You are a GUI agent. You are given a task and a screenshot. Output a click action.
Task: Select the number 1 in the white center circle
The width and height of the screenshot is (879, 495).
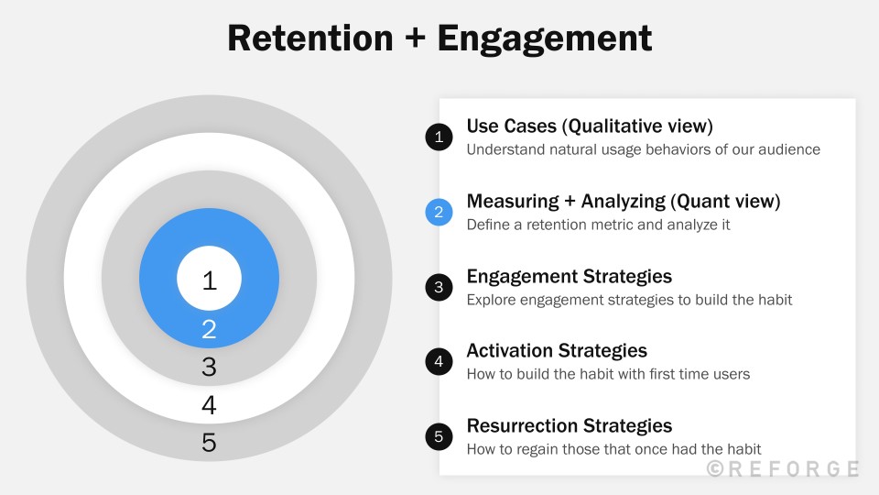209,280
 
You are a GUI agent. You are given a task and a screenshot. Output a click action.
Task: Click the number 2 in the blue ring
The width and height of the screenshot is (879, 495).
209,329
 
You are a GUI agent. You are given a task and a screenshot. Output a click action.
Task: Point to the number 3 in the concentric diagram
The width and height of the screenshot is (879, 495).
209,368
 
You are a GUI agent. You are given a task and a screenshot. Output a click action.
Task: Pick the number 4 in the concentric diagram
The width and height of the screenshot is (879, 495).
209,405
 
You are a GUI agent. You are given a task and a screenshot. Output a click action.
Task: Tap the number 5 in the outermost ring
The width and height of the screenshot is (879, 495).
209,443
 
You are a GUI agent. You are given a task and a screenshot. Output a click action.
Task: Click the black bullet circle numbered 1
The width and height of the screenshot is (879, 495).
439,137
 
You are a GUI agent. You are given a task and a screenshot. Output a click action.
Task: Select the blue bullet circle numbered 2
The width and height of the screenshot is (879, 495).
439,213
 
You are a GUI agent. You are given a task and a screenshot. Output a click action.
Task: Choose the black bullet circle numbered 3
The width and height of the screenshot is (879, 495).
439,287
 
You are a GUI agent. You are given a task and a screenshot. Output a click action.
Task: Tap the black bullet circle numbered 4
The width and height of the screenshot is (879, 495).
439,362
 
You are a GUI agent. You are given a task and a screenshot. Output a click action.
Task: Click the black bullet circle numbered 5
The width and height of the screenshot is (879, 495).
439,437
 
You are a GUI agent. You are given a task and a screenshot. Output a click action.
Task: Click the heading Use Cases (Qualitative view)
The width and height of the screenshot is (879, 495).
590,126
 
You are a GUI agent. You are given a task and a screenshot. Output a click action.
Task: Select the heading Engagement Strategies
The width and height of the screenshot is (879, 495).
570,276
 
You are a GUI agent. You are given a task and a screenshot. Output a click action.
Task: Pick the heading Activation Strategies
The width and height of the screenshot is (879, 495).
557,350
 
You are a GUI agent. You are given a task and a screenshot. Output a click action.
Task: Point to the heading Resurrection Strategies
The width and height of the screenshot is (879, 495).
570,425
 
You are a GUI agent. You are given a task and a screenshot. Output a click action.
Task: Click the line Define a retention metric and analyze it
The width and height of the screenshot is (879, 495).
598,225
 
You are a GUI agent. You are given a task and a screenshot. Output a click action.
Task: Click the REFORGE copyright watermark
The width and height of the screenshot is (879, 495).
783,469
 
